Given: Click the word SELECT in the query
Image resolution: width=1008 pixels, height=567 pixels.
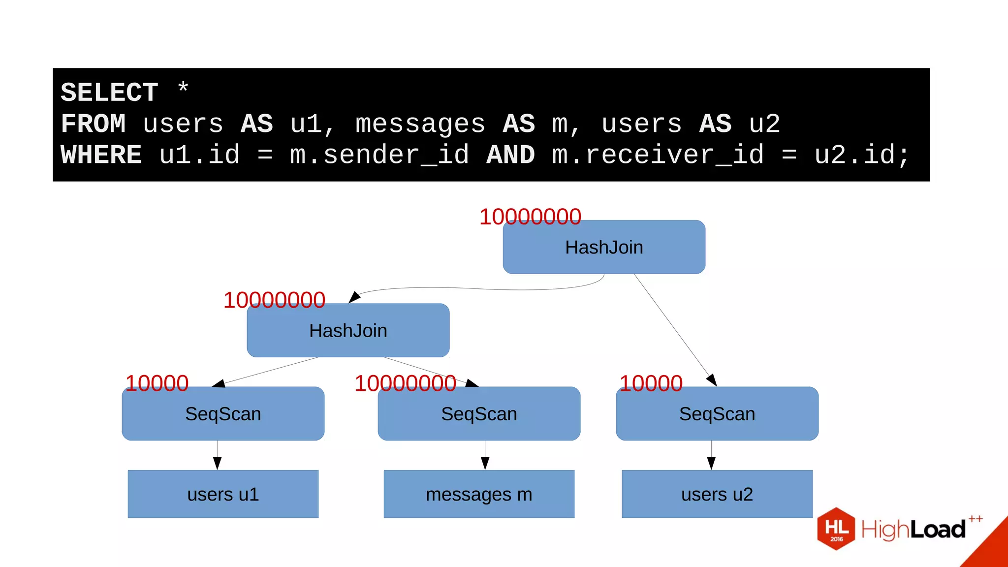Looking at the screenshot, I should [x=109, y=93].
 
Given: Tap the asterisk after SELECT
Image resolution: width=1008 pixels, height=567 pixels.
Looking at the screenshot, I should [x=183, y=89].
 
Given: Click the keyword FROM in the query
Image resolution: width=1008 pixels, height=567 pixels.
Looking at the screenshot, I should [x=93, y=124].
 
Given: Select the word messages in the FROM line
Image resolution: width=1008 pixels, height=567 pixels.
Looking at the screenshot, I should [x=420, y=124].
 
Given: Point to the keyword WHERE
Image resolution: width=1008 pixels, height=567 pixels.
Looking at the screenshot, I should [x=101, y=155].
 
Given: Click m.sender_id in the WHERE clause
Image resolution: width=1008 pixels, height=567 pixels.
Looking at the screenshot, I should [x=379, y=155].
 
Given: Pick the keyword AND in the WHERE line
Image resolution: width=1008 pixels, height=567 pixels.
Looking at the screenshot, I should [x=510, y=155].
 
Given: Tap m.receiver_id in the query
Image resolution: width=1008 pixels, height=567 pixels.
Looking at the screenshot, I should [x=658, y=155].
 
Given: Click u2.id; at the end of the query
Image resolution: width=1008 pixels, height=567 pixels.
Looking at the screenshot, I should [x=861, y=155].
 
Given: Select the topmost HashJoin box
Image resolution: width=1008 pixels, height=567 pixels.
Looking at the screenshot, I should [x=604, y=247].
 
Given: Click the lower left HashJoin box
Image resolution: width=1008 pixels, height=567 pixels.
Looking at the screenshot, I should [x=348, y=331].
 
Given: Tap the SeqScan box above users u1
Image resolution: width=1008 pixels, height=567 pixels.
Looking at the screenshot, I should [x=223, y=414].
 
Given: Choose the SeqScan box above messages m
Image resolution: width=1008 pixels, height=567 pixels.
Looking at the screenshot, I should [x=479, y=414].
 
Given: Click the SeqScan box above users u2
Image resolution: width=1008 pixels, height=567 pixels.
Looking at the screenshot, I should [x=717, y=414].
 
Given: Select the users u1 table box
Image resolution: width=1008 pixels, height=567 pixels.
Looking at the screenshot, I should [x=223, y=494].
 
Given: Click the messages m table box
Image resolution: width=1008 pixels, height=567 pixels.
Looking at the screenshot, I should [x=479, y=494].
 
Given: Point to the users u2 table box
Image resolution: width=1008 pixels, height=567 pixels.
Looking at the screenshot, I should [x=717, y=494].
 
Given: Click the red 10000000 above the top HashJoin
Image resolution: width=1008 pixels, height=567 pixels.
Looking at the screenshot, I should [x=530, y=217].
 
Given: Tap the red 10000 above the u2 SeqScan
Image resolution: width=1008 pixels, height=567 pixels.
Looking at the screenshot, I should [x=651, y=383].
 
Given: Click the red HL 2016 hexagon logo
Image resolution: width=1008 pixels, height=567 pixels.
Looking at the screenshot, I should [x=836, y=529].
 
